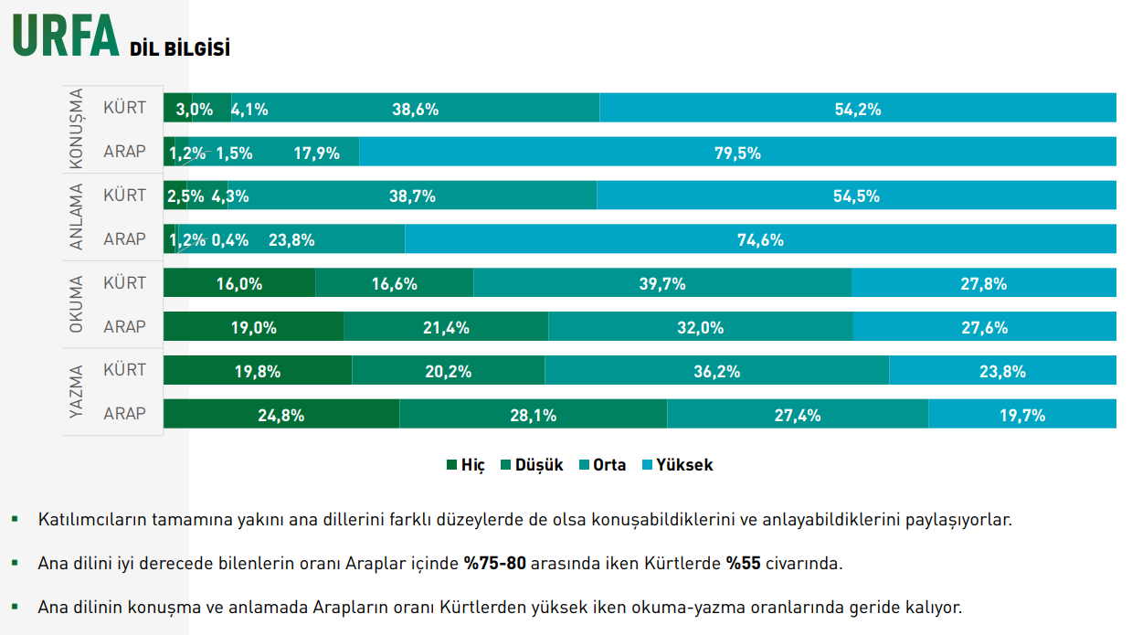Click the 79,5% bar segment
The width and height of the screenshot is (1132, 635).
(737, 153)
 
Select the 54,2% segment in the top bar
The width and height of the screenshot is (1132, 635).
(857, 109)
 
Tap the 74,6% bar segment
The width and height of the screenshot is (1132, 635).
(760, 240)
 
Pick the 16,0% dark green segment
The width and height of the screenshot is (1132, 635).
(239, 283)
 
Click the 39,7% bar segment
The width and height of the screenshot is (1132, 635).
(662, 283)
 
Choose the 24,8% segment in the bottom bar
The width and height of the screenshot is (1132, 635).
(281, 415)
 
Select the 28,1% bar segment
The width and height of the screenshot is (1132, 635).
(534, 415)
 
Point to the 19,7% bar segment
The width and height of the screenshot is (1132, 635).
(1021, 415)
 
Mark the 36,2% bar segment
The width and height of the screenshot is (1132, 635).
(716, 372)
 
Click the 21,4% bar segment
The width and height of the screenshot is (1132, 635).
(446, 327)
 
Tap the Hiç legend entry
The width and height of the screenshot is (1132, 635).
(465, 464)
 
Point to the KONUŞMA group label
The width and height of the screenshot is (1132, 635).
(77, 129)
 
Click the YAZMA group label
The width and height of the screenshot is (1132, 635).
(77, 392)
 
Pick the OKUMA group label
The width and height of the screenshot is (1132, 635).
(77, 304)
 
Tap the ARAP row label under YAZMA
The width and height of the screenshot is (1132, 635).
(124, 414)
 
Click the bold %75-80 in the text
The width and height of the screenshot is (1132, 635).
(494, 563)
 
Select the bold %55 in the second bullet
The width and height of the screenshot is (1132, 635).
(744, 563)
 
